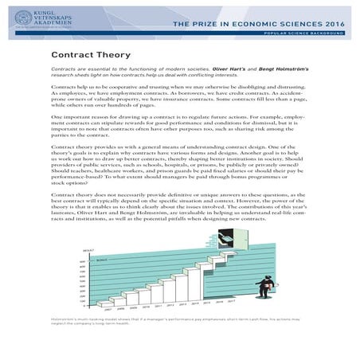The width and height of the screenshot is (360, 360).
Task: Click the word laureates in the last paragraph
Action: point(65,232)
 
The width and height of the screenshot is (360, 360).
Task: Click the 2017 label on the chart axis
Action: point(232,301)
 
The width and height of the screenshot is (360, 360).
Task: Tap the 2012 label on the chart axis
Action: point(170,304)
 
